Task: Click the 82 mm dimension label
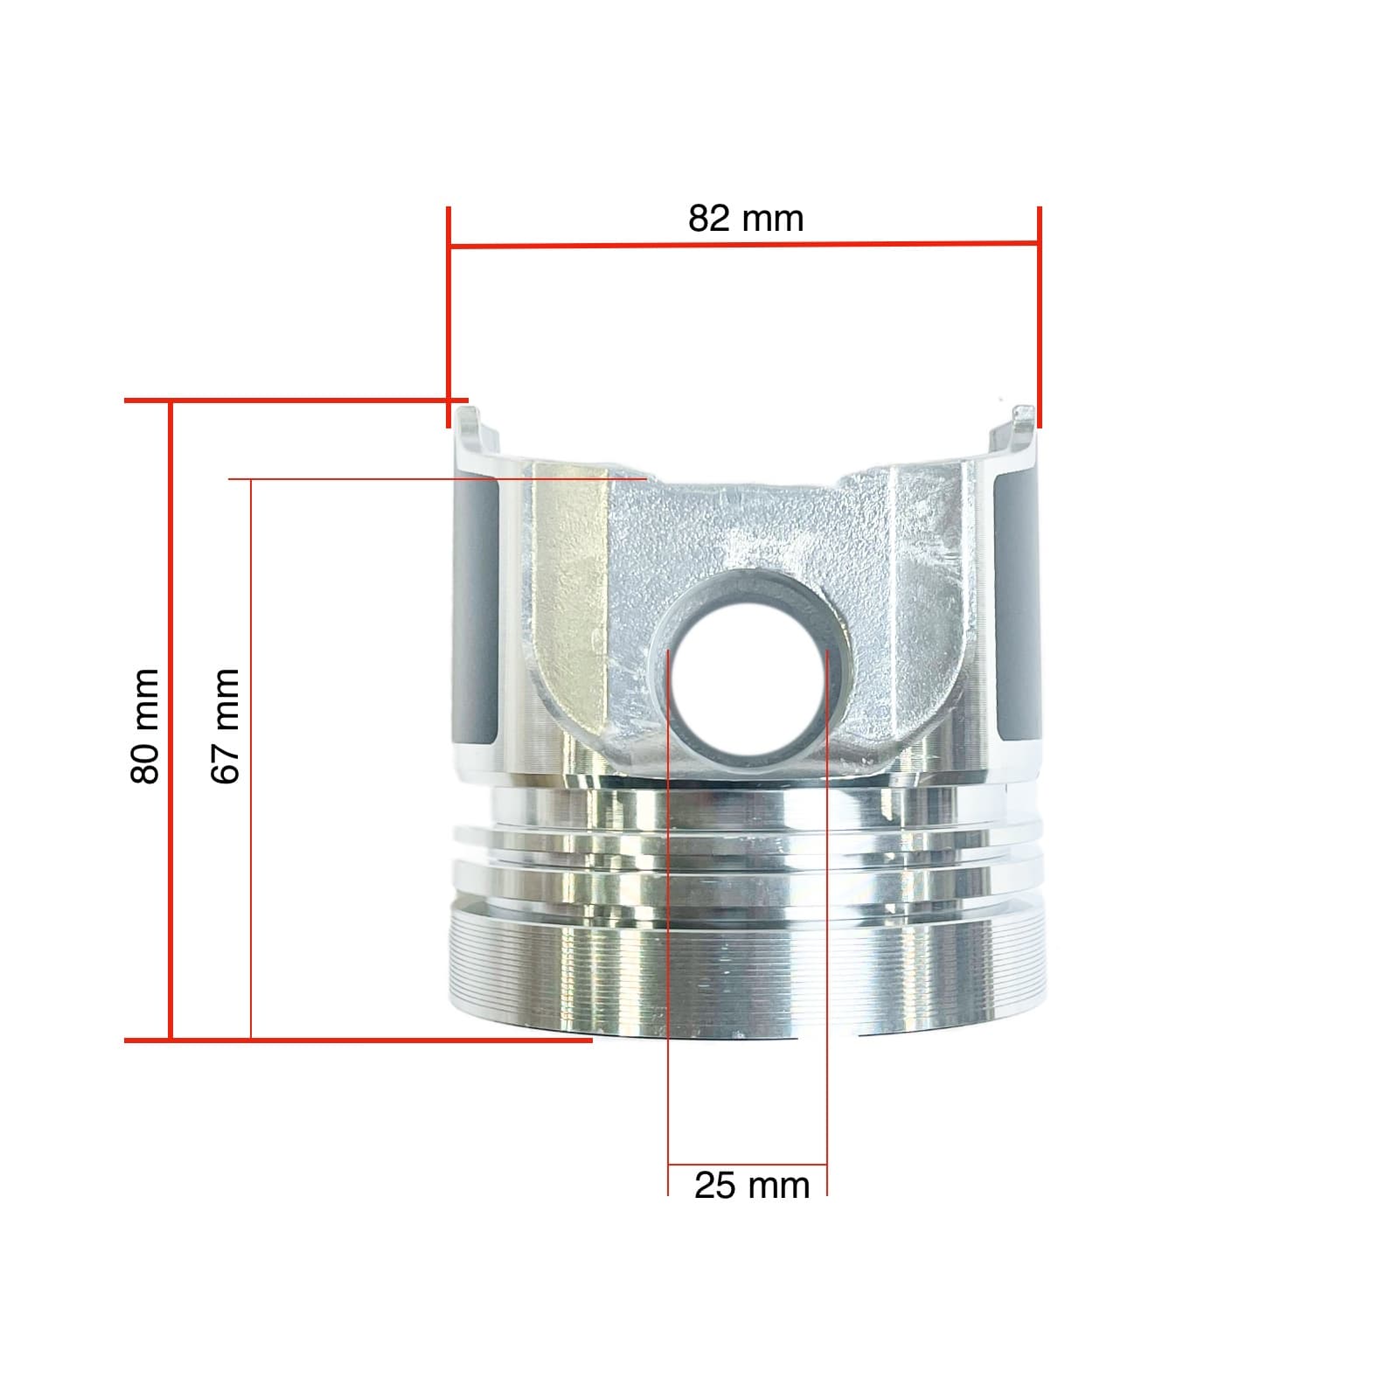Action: [745, 219]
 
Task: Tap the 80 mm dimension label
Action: [145, 726]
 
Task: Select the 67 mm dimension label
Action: [226, 726]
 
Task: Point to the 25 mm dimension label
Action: [752, 1187]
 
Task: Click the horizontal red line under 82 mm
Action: [743, 246]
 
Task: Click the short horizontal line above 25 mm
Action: [747, 1166]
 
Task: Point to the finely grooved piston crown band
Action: [747, 971]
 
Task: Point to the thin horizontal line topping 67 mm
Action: [437, 479]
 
